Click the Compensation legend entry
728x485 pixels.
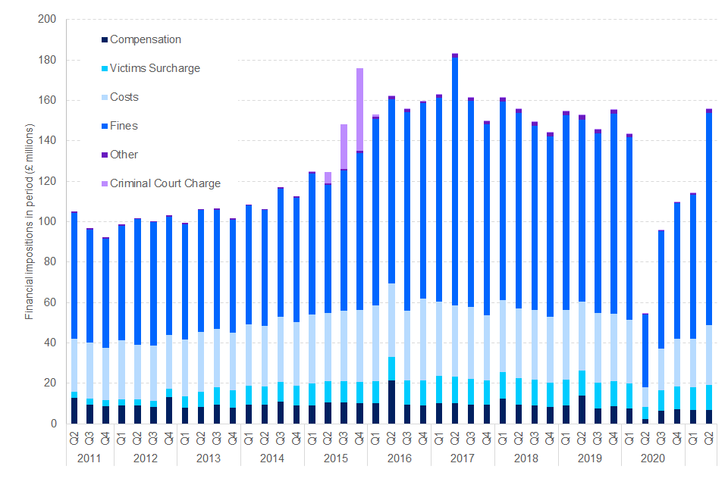(145, 39)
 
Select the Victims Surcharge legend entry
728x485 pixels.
(155, 68)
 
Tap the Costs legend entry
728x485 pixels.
(124, 97)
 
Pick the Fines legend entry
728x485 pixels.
(124, 126)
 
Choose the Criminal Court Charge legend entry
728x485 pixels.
(165, 183)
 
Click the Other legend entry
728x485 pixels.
(124, 155)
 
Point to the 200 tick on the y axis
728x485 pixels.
(49, 20)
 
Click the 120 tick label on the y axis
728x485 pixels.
(49, 181)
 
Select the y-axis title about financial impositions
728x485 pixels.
(30, 221)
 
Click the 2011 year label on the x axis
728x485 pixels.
(89, 459)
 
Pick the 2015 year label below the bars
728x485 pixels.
(335, 459)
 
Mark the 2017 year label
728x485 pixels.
(462, 459)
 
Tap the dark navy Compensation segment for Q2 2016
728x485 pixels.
(391, 402)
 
